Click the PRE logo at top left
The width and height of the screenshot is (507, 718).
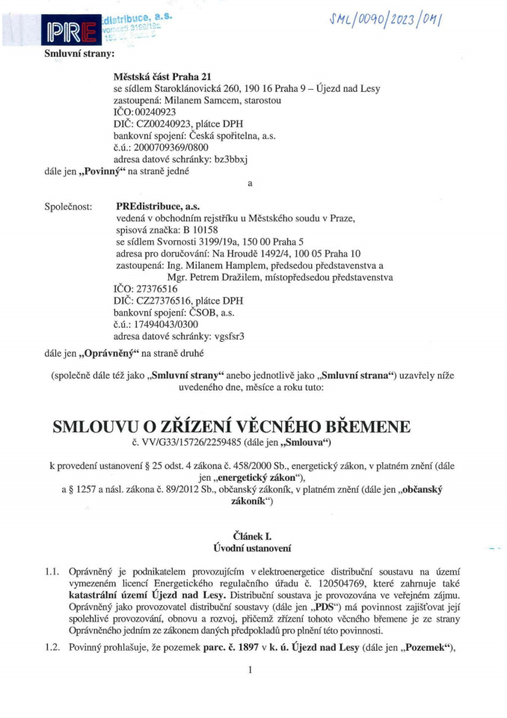pyautogui.click(x=68, y=31)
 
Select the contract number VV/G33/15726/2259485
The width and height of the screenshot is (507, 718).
pyautogui.click(x=201, y=444)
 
